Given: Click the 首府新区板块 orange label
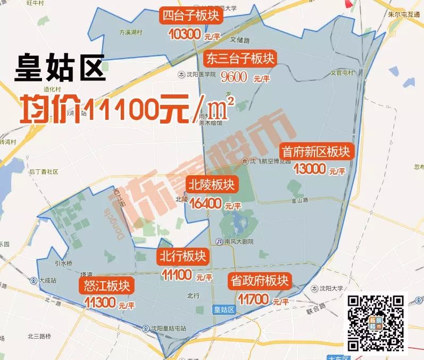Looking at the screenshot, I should pyautogui.click(x=317, y=152).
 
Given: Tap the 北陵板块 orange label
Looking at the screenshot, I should pyautogui.click(x=211, y=185).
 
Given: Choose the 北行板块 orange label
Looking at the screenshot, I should pyautogui.click(x=183, y=257).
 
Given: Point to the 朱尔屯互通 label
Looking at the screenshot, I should pyautogui.click(x=404, y=14).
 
